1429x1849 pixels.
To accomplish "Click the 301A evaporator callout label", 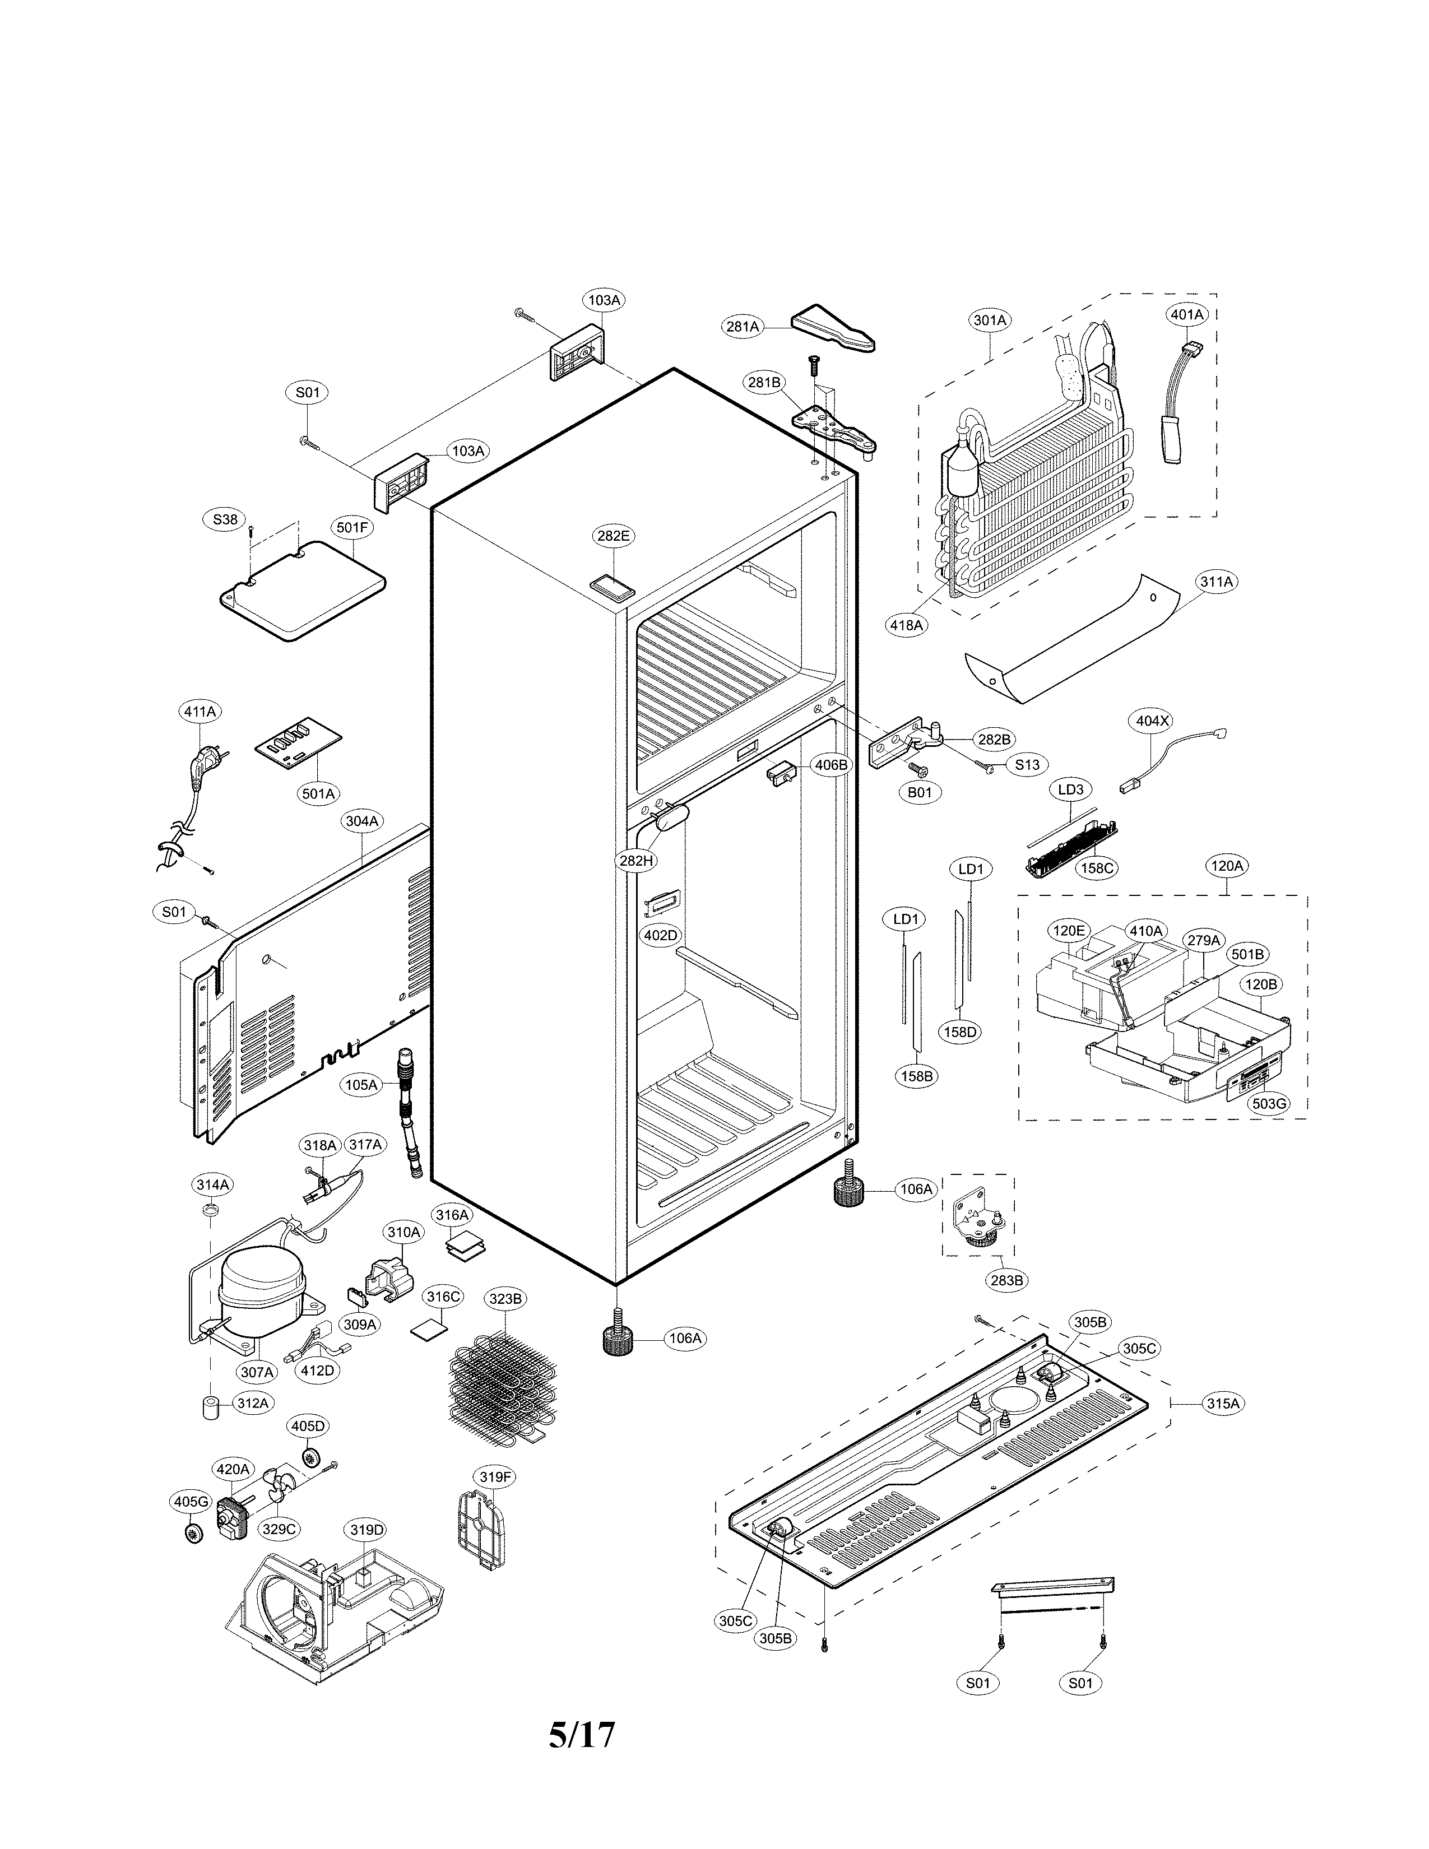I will click(990, 320).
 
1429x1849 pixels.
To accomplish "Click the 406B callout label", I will click(831, 764).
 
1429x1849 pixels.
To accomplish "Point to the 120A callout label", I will click(1227, 866).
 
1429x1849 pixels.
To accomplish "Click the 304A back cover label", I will click(361, 820).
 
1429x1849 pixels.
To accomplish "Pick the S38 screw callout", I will click(225, 520).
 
